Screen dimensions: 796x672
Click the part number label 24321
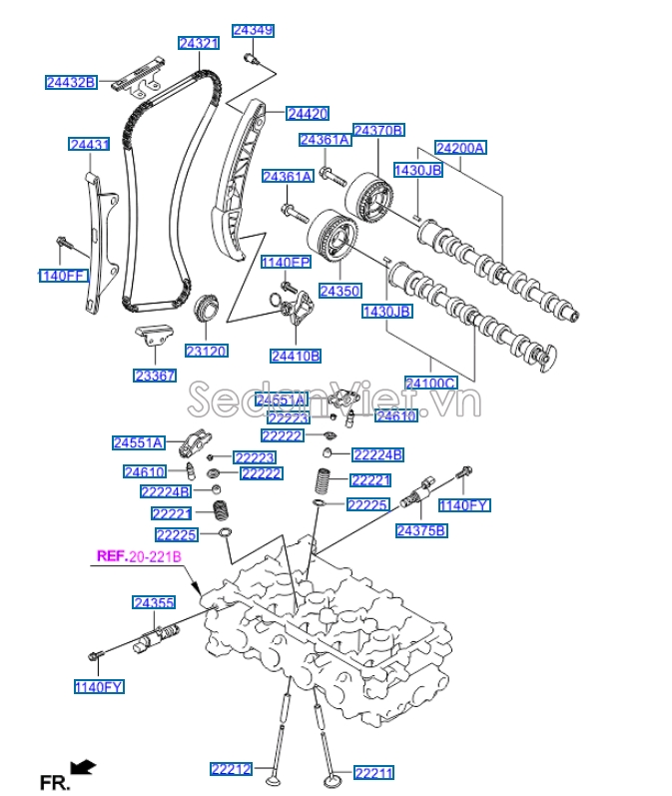(x=198, y=43)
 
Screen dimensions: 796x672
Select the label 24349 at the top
(x=252, y=30)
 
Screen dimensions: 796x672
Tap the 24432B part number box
(x=70, y=82)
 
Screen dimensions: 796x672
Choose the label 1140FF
(x=63, y=275)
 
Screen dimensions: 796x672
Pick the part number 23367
(x=155, y=376)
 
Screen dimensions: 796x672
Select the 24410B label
(x=296, y=355)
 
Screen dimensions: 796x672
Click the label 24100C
(x=430, y=383)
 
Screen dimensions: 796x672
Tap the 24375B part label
(x=420, y=530)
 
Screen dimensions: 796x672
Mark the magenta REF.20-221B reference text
(x=138, y=556)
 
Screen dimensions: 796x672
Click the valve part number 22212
(x=231, y=768)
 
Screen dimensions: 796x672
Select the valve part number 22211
(x=374, y=772)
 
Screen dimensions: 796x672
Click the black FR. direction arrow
(x=85, y=767)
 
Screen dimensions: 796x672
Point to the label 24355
(x=154, y=602)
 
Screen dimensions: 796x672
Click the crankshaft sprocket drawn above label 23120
(x=207, y=306)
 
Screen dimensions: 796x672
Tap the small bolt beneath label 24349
(x=253, y=60)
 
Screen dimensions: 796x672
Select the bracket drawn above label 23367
(x=152, y=338)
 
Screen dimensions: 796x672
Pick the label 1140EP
(x=286, y=263)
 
